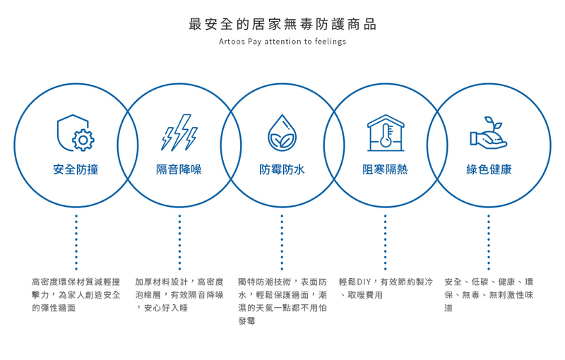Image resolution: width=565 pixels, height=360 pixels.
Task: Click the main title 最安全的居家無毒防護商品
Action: pyautogui.click(x=282, y=25)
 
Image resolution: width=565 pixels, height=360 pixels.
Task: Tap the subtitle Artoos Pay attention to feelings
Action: pyautogui.click(x=282, y=42)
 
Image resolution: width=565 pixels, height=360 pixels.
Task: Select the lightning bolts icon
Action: pyautogui.click(x=179, y=133)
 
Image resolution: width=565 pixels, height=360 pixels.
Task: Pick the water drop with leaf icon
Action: pyautogui.click(x=282, y=133)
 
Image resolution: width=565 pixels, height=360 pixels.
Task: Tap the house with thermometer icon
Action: pyautogui.click(x=385, y=132)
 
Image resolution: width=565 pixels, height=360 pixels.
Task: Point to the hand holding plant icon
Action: pyautogui.click(x=489, y=133)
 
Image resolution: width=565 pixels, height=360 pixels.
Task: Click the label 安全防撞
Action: pyautogui.click(x=76, y=169)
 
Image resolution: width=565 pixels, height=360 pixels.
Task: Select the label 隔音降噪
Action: pyautogui.click(x=179, y=169)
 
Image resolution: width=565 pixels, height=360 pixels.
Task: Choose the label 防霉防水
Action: pyautogui.click(x=282, y=169)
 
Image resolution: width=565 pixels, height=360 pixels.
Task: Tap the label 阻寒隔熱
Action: pyautogui.click(x=385, y=169)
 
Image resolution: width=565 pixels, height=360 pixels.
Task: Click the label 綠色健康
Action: pyautogui.click(x=489, y=169)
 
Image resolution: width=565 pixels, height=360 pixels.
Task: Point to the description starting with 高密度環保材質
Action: pyautogui.click(x=76, y=294)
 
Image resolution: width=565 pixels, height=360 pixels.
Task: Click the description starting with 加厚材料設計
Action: pyautogui.click(x=179, y=294)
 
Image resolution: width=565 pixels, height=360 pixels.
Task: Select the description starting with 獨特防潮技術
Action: pyautogui.click(x=282, y=301)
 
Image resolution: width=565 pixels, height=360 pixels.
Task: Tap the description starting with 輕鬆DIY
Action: pyautogui.click(x=386, y=288)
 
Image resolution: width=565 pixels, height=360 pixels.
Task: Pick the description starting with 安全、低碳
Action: pyautogui.click(x=489, y=294)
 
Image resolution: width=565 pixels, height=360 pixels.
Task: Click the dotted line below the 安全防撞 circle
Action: pyautogui.click(x=76, y=242)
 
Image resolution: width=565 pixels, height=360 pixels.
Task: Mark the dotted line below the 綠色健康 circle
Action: pyautogui.click(x=489, y=242)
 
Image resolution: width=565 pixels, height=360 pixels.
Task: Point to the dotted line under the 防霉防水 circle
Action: pyautogui.click(x=282, y=242)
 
